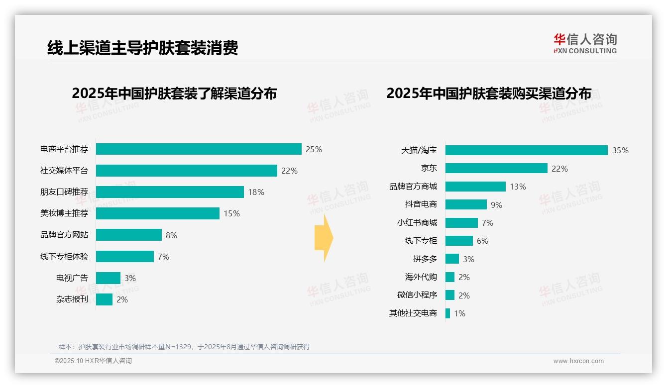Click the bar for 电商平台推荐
point(199,149)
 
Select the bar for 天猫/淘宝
point(526,150)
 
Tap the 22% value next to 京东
point(559,169)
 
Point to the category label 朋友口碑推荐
point(64,192)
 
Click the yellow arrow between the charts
point(324,238)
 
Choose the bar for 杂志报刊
point(104,299)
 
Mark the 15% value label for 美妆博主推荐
point(231,213)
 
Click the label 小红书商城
point(417,223)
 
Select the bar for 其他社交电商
point(447,313)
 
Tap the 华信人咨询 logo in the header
point(585,43)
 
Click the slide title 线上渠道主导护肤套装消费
point(143,48)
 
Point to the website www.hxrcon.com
point(578,361)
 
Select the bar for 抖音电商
point(466,204)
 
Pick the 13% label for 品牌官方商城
point(518,187)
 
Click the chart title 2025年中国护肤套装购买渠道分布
point(489,94)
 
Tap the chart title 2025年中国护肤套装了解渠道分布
point(174,94)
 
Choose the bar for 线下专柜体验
point(125,257)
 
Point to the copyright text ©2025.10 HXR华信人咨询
point(93,361)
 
